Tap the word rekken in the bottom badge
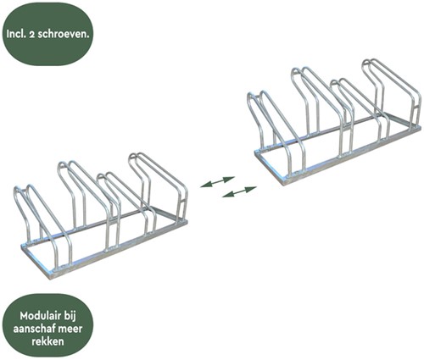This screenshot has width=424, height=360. click(x=47, y=341)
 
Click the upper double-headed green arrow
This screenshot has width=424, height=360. click(x=217, y=182)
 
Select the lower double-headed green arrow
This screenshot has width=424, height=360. click(x=239, y=191)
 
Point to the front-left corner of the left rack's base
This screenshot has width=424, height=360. click(x=52, y=277)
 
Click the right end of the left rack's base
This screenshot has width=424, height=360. click(x=187, y=222)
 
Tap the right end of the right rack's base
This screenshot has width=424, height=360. click(x=421, y=129)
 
